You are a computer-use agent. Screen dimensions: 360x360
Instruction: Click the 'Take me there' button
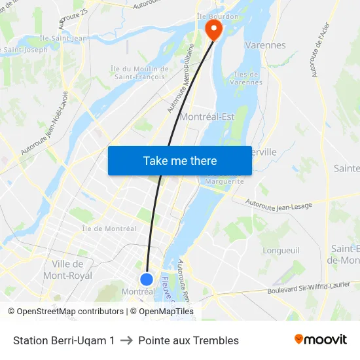tap(180, 160)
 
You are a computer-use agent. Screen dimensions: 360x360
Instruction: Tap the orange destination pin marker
tap(213, 29)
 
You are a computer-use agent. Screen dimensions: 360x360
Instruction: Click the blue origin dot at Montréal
tap(147, 279)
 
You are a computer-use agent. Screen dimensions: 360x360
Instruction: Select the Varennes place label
tap(265, 45)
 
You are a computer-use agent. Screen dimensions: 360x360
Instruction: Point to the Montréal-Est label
tap(207, 117)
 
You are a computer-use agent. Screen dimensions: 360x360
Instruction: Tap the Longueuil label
tap(281, 250)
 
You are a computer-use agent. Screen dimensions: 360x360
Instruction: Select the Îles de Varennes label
tap(247, 78)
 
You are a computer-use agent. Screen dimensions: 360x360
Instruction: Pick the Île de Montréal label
tap(109, 228)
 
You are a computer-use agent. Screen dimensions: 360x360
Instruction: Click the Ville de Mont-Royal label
tap(67, 270)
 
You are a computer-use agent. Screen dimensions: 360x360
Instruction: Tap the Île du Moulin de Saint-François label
tap(139, 73)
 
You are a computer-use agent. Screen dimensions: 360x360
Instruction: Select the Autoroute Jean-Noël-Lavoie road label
tap(45, 124)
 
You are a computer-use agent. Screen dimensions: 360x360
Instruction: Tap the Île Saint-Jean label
tap(63, 38)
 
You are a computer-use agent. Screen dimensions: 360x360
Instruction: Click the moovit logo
tap(321, 340)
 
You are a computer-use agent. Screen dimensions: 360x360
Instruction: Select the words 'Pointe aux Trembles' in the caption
tap(189, 340)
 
